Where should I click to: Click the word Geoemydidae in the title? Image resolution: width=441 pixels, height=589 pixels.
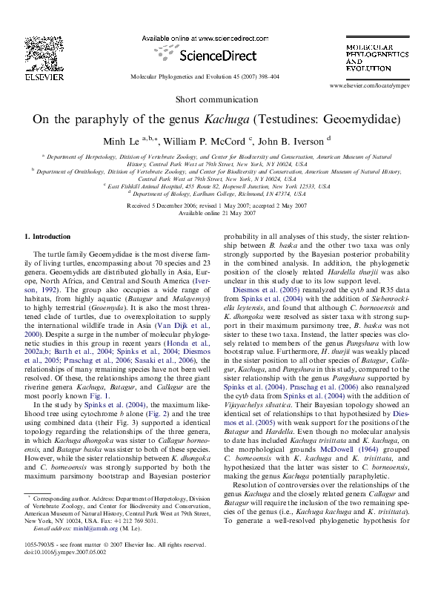click(x=360, y=119)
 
